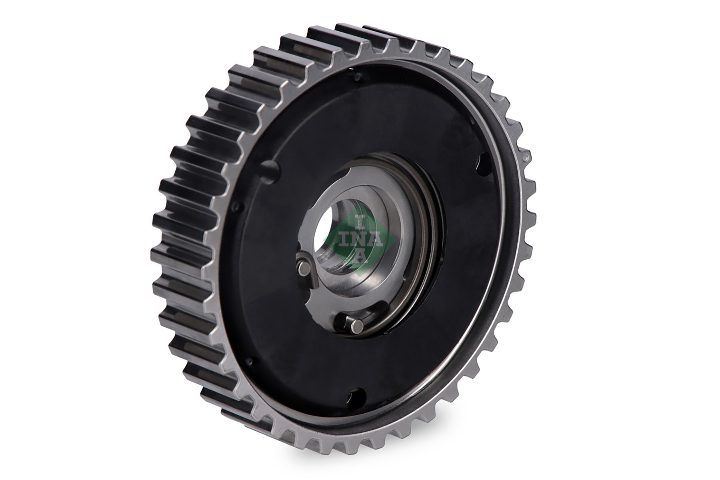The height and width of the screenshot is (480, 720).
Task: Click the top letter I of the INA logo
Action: (361, 221)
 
